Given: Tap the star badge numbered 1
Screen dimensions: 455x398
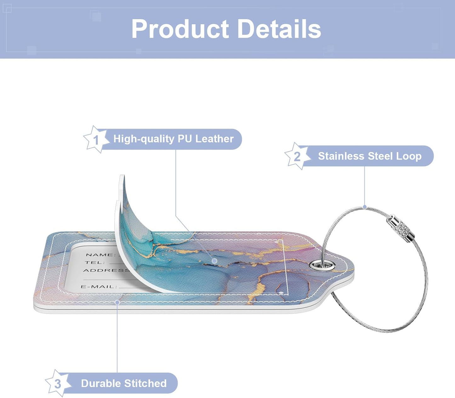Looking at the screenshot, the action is tap(96, 139).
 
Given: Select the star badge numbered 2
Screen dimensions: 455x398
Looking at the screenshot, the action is tap(298, 156).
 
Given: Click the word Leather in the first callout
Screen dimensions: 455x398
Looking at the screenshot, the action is tap(214, 139).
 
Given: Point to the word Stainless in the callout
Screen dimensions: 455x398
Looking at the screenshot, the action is tap(341, 156).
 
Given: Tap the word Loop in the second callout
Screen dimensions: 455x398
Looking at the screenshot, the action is tap(409, 156).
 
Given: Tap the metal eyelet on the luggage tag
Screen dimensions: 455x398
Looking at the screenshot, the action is tap(322, 265).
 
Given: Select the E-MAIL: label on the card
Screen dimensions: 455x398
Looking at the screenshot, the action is tap(99, 287).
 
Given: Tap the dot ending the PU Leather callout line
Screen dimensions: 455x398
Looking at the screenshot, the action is tap(214, 261).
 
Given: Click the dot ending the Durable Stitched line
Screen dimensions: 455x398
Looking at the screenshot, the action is tap(117, 302).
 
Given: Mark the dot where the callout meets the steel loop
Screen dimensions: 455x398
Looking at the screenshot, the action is tap(365, 207).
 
